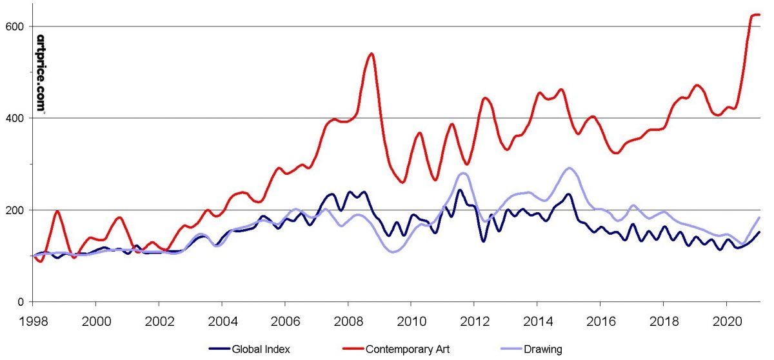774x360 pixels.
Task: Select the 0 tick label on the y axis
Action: (22, 302)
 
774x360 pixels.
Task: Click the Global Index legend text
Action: (263, 350)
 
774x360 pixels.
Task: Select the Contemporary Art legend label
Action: (407, 350)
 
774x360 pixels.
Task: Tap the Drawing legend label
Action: (543, 350)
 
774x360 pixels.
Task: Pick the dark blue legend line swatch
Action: (221, 350)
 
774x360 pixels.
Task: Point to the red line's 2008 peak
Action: (372, 54)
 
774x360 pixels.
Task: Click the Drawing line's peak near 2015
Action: (569, 168)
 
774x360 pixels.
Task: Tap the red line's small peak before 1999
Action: (57, 211)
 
